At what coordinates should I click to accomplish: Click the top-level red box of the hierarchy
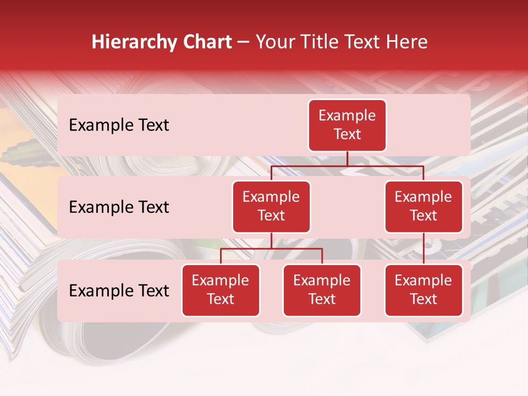(x=347, y=125)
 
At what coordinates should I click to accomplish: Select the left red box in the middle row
(x=271, y=206)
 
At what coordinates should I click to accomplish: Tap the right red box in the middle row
(x=424, y=206)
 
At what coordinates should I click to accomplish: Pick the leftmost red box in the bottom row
(x=221, y=290)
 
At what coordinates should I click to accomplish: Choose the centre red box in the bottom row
(x=322, y=290)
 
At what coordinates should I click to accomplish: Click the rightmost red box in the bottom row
(x=424, y=290)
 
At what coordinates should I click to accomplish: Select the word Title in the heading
(x=318, y=42)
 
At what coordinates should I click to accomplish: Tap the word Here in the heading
(x=407, y=42)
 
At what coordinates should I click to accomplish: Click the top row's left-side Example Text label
(x=119, y=125)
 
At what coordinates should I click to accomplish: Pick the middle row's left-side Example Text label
(x=119, y=207)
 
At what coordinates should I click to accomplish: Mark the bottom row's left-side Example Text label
(x=119, y=291)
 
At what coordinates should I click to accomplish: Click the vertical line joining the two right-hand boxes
(x=424, y=248)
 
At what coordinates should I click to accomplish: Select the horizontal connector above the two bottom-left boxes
(x=271, y=249)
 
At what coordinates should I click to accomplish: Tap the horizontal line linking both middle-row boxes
(x=347, y=166)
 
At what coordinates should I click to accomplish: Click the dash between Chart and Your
(x=244, y=42)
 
